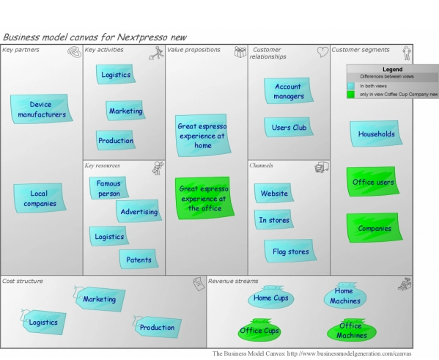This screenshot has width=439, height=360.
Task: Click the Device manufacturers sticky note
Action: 41,109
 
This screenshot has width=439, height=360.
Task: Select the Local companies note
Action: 38,198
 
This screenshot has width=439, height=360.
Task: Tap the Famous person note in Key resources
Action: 109,188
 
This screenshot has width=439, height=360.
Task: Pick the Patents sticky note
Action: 139,259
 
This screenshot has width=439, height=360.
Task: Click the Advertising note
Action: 139,211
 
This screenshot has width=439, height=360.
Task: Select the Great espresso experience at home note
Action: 202,135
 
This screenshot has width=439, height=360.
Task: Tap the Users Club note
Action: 288,127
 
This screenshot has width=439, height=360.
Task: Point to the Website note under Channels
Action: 274,193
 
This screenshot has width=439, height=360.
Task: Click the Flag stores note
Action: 290,251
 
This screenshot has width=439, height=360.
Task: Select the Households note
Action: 376,134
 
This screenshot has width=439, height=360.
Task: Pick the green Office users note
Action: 374,182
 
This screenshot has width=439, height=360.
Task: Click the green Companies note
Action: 374,228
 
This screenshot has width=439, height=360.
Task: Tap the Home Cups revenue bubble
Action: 270,298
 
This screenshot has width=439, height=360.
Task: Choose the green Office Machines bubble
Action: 351,331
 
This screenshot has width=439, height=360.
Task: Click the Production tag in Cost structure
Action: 156,327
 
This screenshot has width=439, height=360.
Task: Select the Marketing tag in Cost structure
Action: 98,299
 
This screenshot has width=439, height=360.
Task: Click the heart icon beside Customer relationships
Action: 322,52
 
